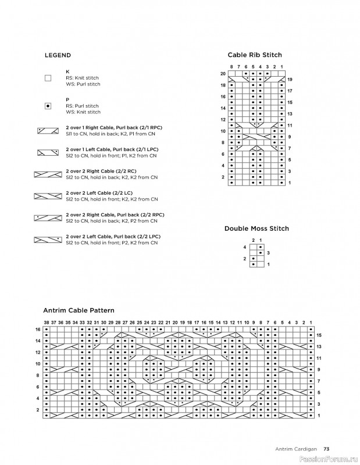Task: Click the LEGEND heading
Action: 58,56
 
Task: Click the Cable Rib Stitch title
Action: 254,55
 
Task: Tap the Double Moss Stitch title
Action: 256,229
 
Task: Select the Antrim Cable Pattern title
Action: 79,310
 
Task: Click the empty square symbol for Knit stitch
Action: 48,78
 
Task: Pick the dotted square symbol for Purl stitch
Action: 48,106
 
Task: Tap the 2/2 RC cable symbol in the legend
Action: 48,174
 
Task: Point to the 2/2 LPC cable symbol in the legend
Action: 48,239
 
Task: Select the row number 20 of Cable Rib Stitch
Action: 223,74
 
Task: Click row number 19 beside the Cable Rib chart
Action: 290,79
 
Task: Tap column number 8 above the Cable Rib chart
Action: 231,67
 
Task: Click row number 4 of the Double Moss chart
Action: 245,247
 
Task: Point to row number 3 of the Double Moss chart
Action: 268,253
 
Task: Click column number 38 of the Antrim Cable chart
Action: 47,322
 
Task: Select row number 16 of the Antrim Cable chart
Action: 38,330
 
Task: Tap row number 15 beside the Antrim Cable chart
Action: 319,335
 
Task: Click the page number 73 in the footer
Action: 327,448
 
